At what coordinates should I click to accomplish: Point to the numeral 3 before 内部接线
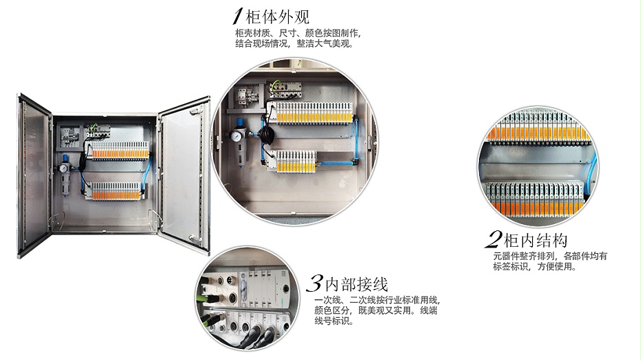(314, 283)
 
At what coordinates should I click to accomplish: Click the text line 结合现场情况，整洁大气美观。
(294, 43)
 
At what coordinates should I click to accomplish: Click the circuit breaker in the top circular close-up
(243, 96)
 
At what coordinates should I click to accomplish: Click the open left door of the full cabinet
(34, 176)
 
